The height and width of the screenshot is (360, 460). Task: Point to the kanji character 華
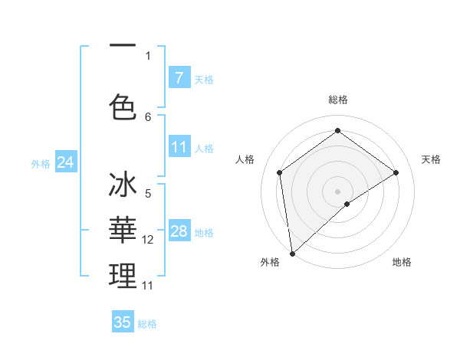tap(123, 231)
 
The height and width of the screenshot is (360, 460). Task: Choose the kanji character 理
tap(123, 277)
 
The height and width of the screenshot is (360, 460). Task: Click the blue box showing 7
tap(179, 78)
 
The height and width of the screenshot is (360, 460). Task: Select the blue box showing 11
tap(179, 147)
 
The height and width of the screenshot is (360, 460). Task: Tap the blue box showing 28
tap(179, 231)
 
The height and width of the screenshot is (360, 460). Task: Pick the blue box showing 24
tap(65, 162)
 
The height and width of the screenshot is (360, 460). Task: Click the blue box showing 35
tap(123, 322)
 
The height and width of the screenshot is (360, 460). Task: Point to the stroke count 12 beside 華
tap(149, 240)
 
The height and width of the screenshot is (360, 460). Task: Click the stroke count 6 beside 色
tap(148, 116)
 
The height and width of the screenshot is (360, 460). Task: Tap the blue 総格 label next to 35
tap(147, 324)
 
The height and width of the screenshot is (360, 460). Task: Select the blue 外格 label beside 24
tap(41, 164)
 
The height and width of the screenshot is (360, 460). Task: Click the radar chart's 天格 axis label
tap(431, 159)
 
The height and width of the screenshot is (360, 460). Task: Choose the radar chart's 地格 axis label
tap(402, 262)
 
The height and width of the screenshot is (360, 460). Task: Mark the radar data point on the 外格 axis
tap(291, 253)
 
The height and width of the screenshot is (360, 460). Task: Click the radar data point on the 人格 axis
tap(280, 172)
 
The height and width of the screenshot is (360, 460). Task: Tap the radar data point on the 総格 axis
tap(337, 132)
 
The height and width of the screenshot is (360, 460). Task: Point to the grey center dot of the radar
tap(337, 190)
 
